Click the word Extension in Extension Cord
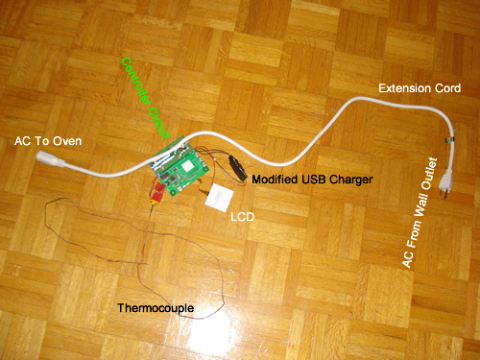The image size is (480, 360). pyautogui.click(x=397, y=89)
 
